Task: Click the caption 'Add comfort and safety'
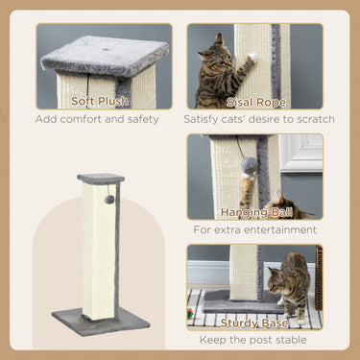click(104, 120)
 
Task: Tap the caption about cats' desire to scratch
click(259, 120)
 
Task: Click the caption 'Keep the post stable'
click(253, 340)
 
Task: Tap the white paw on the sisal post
click(250, 59)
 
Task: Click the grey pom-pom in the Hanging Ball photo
click(250, 165)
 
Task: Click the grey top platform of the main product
click(101, 179)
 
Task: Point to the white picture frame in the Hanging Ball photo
click(302, 153)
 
